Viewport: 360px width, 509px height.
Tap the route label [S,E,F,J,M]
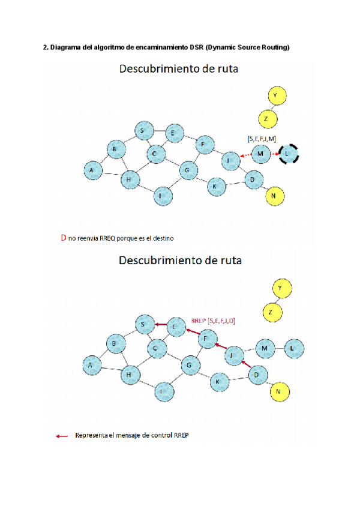(x=262, y=139)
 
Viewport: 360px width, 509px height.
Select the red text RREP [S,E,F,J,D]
(x=213, y=321)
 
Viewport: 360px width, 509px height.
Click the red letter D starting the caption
(x=63, y=238)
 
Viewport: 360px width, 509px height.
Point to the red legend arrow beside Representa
(x=61, y=436)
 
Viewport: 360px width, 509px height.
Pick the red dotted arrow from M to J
(x=245, y=156)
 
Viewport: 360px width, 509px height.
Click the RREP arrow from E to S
(x=159, y=325)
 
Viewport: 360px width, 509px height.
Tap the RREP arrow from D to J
(x=244, y=364)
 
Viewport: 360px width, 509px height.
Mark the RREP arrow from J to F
(x=220, y=346)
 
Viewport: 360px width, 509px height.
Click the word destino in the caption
(x=162, y=239)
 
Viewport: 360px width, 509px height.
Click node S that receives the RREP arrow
(x=143, y=325)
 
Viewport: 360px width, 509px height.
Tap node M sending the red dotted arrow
(x=260, y=154)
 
